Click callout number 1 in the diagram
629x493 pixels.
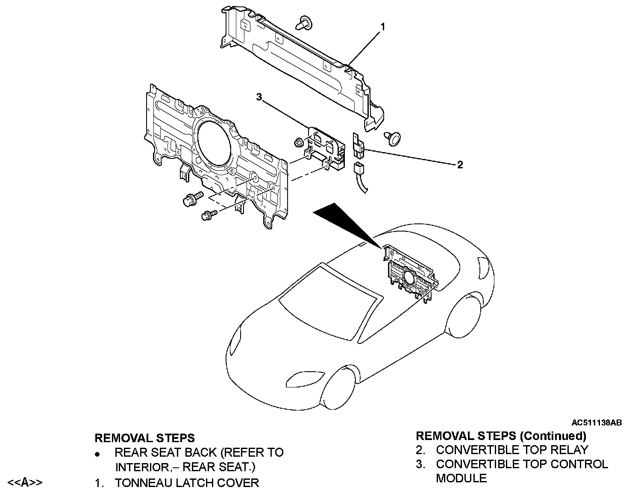point(383,27)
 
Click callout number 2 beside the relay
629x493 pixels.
point(460,165)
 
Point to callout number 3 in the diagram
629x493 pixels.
point(259,97)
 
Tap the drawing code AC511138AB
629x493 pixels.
point(597,423)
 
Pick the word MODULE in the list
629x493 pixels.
point(461,478)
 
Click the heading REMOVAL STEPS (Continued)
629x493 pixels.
point(501,436)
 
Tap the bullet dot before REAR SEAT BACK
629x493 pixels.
point(98,453)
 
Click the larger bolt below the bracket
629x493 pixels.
point(192,199)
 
